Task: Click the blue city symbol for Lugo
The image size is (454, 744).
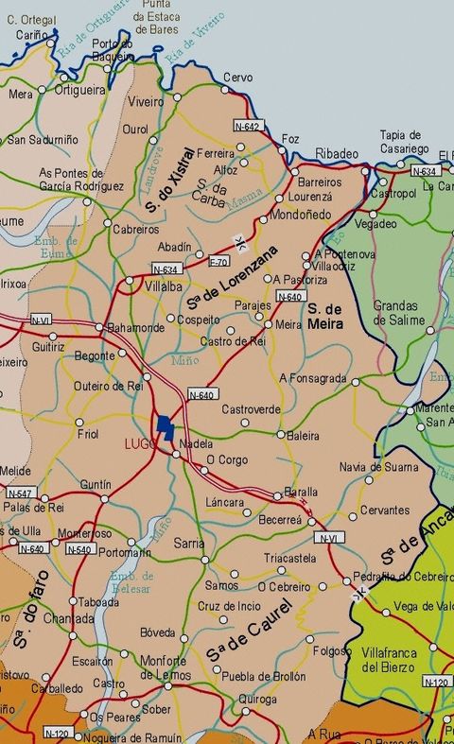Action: click(166, 426)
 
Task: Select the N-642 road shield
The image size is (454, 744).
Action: click(247, 126)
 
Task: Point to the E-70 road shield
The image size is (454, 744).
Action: click(218, 261)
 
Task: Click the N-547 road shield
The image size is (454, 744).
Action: click(20, 493)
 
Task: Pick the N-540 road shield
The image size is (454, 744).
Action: click(79, 549)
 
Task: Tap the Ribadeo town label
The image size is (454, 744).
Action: click(337, 154)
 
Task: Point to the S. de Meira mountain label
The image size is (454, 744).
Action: click(323, 317)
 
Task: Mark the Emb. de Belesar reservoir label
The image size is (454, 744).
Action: click(131, 583)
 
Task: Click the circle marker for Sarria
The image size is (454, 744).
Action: click(206, 560)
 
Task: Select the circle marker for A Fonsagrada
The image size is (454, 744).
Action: click(356, 382)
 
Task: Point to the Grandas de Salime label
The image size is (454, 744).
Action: click(395, 313)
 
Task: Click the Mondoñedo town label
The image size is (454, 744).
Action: click(301, 215)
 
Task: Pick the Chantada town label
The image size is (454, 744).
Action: click(68, 618)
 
